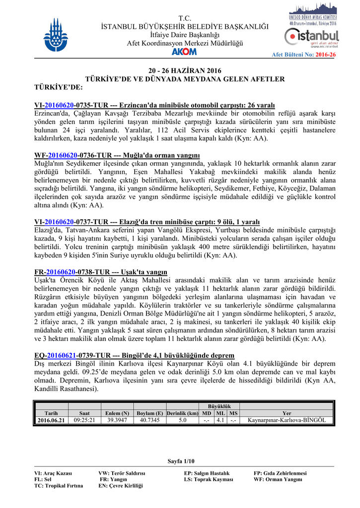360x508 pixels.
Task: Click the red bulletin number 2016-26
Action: click(x=325, y=55)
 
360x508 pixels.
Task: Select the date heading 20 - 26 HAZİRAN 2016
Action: click(x=185, y=70)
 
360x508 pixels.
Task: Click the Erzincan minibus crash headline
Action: click(x=154, y=106)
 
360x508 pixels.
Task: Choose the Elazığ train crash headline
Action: click(x=146, y=221)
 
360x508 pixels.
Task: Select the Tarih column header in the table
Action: click(x=51, y=413)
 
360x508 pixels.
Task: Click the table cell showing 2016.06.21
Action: click(x=51, y=420)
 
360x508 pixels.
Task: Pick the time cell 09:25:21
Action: click(x=84, y=420)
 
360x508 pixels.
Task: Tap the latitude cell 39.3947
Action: click(x=118, y=420)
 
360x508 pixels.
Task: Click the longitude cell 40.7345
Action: click(x=149, y=420)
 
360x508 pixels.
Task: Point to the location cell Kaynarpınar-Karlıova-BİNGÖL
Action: click(x=287, y=420)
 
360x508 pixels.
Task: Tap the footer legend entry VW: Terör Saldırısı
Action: click(x=122, y=473)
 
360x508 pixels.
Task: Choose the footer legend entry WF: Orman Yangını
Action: click(x=278, y=479)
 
